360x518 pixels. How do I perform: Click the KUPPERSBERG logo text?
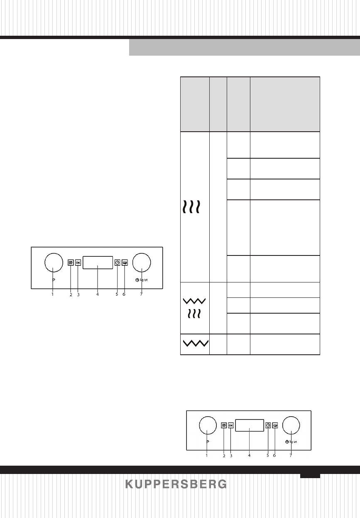coord(176,484)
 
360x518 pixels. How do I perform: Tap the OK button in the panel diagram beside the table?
coord(78,263)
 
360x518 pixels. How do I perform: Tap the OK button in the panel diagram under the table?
coord(231,425)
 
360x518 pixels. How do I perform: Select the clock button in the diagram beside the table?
coord(117,263)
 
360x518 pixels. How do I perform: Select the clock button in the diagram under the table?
coord(268,425)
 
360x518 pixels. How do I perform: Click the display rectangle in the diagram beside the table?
coord(98,263)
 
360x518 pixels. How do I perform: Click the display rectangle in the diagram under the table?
coord(250,426)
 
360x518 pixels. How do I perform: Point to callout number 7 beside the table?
coord(142,295)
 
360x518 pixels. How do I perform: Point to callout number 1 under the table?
coord(206,455)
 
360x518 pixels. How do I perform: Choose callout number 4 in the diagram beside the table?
coord(97,295)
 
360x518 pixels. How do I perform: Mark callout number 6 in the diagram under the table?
coord(275,455)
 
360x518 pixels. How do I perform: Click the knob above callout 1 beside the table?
coord(53,263)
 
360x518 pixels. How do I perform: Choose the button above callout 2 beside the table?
coord(71,263)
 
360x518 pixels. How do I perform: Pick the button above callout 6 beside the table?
coord(125,263)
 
